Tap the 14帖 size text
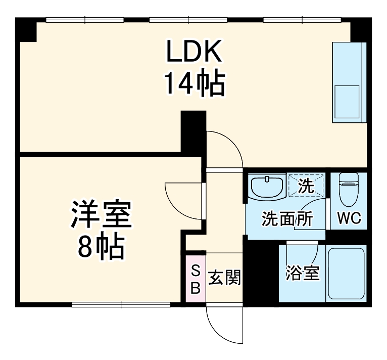(x=193, y=84)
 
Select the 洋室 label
(x=102, y=215)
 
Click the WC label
(x=349, y=219)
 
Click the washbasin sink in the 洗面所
(x=267, y=187)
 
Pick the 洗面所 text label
(x=286, y=219)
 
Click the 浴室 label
(x=302, y=274)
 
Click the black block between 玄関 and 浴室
(x=262, y=273)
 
